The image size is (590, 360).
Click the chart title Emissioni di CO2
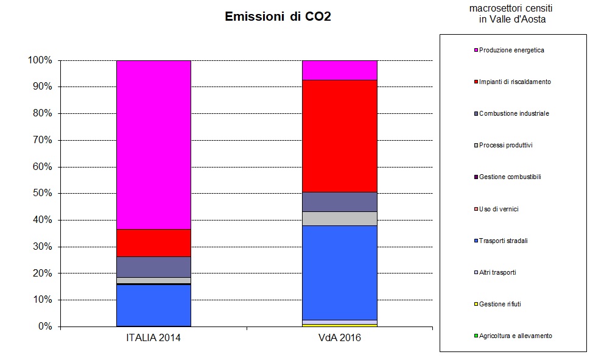tap(278, 16)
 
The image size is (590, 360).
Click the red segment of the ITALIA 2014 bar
tap(153, 242)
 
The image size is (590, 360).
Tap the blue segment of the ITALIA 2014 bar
tap(153, 305)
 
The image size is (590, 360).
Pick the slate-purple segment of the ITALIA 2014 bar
tap(153, 267)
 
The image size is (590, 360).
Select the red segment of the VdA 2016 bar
tap(340, 136)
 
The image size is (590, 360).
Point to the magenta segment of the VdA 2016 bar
tap(340, 70)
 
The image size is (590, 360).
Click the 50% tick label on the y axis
tap(42, 194)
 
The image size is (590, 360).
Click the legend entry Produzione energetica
tap(511, 50)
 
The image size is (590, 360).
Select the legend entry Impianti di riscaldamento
tap(514, 82)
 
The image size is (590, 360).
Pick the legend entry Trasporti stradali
tap(503, 241)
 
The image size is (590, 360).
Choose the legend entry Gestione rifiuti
tap(500, 304)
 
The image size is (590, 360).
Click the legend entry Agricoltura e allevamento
tap(515, 336)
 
